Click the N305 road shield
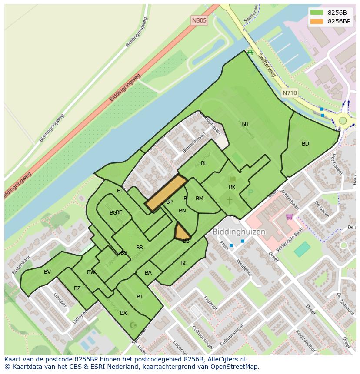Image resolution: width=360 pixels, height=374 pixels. pyautogui.click(x=199, y=20)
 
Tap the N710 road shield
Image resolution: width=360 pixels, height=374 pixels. pyautogui.click(x=290, y=93)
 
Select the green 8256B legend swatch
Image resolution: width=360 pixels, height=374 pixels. pyautogui.click(x=317, y=12)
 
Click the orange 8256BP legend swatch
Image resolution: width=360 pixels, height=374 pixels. pyautogui.click(x=317, y=21)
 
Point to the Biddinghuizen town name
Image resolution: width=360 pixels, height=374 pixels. pyautogui.click(x=239, y=232)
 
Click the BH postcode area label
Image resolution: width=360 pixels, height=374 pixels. pyautogui.click(x=245, y=124)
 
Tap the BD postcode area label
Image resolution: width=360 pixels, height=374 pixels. pyautogui.click(x=305, y=144)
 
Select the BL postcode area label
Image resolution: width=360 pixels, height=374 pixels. pyautogui.click(x=204, y=163)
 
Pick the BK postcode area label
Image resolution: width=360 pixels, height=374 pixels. pyautogui.click(x=232, y=187)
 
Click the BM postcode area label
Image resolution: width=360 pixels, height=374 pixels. pyautogui.click(x=199, y=199)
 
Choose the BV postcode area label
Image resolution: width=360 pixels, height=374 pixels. pyautogui.click(x=47, y=272)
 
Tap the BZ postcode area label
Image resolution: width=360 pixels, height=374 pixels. pyautogui.click(x=77, y=288)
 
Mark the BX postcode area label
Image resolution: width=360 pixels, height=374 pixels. pyautogui.click(x=123, y=313)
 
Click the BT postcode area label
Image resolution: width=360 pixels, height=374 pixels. pyautogui.click(x=140, y=297)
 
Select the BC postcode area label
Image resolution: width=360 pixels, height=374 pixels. pyautogui.click(x=184, y=263)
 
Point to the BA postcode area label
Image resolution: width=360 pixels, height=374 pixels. pyautogui.click(x=148, y=273)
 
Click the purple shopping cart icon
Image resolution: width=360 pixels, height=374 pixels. pyautogui.click(x=289, y=216)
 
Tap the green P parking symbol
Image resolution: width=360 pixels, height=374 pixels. pyautogui.click(x=250, y=192)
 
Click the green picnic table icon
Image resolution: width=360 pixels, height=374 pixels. pyautogui.click(x=250, y=52)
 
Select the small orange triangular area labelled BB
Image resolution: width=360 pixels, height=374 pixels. pyautogui.click(x=182, y=233)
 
